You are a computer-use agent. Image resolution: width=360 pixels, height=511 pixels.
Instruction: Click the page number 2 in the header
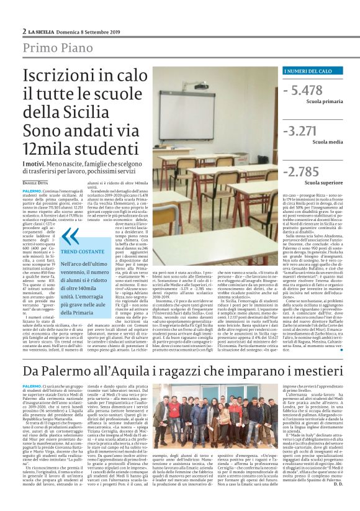coord(24,30)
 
